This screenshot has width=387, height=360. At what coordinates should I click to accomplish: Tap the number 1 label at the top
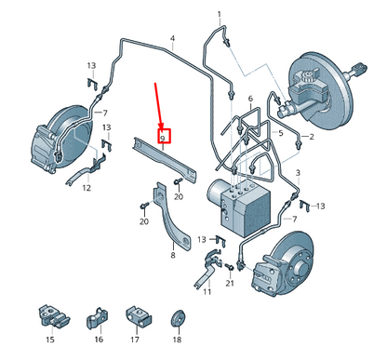point(220,14)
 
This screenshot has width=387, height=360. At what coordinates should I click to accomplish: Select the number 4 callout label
point(172,39)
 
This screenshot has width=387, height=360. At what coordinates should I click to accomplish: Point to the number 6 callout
point(250,99)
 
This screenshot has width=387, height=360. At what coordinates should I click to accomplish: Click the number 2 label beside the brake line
point(311,137)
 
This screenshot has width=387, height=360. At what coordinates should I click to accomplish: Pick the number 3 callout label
point(298,173)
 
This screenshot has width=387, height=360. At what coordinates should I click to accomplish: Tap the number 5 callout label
point(281,133)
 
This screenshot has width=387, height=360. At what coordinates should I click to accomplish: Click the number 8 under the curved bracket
point(173,255)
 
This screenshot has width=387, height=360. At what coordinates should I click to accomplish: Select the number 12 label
point(87,188)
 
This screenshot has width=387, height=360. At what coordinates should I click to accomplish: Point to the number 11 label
point(207,291)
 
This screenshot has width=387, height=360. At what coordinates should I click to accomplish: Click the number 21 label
point(230,283)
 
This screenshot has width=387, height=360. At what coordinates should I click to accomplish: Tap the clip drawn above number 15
point(54,316)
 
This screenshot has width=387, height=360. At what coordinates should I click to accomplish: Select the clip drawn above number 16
point(97,319)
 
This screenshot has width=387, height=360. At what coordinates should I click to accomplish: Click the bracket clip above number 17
point(139,317)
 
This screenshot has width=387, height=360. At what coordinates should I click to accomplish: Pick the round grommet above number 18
point(178,318)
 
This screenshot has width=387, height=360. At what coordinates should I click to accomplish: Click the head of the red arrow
point(161,125)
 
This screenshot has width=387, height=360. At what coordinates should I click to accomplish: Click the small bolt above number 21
point(229,266)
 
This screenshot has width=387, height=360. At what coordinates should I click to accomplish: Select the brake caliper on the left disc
point(44,149)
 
